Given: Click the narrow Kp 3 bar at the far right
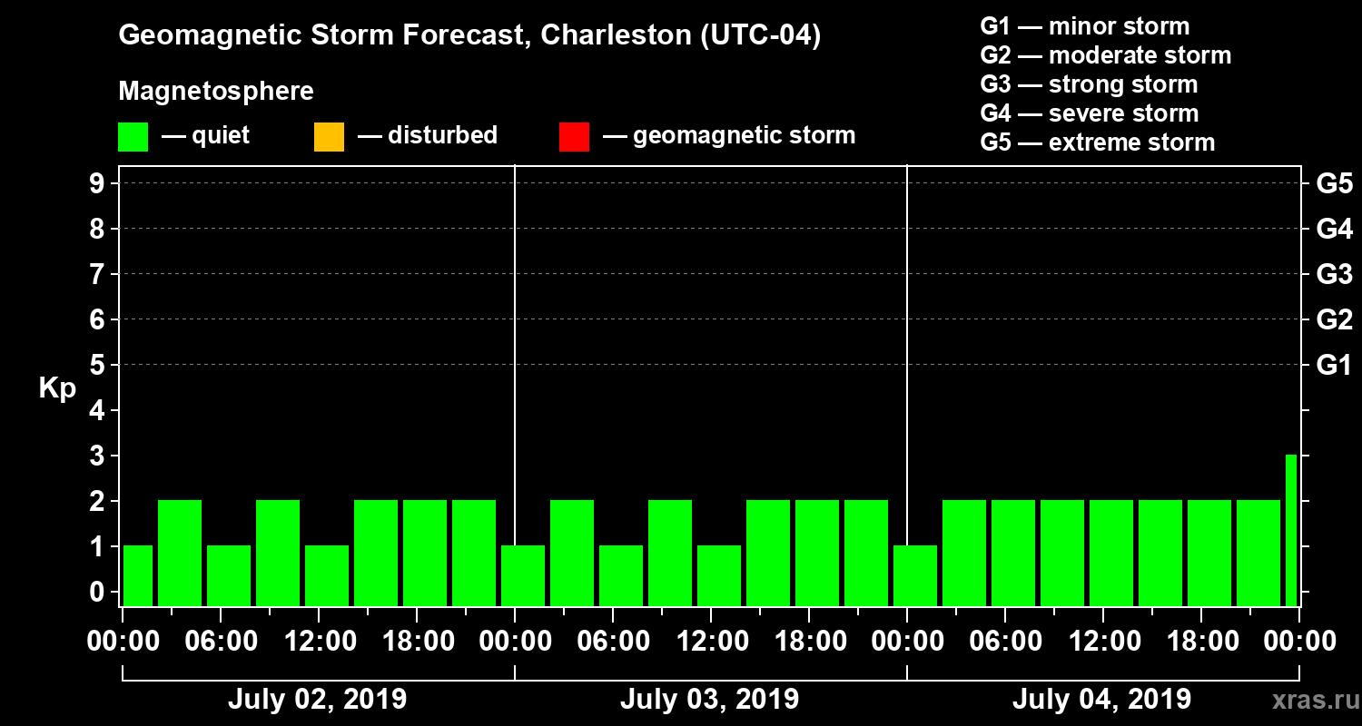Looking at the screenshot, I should coord(1290,530).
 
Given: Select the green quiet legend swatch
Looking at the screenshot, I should coord(133,137).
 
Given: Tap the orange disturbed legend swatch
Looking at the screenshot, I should coord(329,137).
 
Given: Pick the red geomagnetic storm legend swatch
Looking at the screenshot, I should coord(574,137).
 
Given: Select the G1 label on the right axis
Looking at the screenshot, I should coord(1334,366).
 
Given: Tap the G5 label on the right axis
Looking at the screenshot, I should coord(1334,184).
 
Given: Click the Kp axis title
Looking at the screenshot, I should coord(57,388).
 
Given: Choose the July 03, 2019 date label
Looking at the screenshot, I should coord(709,700).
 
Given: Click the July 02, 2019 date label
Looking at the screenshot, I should coord(317,700).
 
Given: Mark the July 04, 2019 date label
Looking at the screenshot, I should coord(1101,700).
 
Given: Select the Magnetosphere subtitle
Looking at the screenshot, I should coord(216,92).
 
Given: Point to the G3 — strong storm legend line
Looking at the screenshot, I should coord(1089,84).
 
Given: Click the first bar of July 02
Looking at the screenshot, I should coord(138,575).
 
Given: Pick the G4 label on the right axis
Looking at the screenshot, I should coord(1334,230).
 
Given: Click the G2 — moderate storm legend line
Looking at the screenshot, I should coord(1105,55).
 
